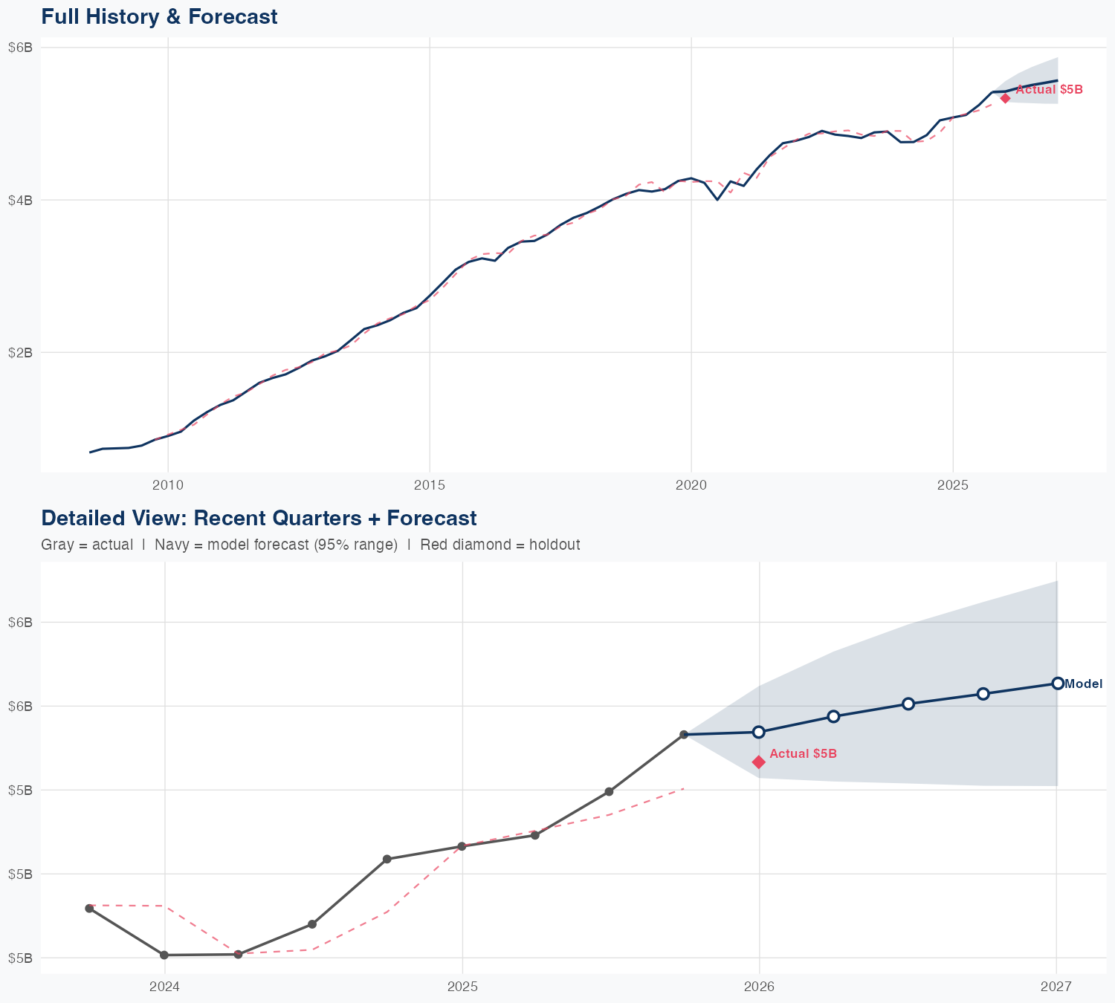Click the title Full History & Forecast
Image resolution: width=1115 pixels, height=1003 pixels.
(x=159, y=16)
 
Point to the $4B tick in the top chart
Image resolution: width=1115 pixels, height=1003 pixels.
(x=20, y=200)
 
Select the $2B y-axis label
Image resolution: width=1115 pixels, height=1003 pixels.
(x=20, y=352)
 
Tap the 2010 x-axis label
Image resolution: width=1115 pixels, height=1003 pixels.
(x=168, y=485)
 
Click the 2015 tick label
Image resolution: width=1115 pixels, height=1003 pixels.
(x=430, y=485)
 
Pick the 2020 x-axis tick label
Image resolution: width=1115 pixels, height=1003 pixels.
(x=691, y=485)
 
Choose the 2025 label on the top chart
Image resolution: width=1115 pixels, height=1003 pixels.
(x=953, y=485)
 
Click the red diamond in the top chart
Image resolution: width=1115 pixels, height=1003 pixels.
(x=1005, y=98)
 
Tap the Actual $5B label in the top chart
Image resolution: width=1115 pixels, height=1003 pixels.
(x=1049, y=90)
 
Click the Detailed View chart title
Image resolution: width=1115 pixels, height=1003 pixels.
(x=259, y=518)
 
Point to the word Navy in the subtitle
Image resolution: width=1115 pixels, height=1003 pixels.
(x=169, y=545)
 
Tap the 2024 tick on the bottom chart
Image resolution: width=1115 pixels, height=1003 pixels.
(x=165, y=987)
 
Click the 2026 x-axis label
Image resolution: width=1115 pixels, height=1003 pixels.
(x=759, y=987)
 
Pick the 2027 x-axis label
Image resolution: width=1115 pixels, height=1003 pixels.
(x=1056, y=987)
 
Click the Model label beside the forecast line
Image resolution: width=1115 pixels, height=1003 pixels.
(x=1083, y=684)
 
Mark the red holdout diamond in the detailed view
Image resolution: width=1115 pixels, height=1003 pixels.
(x=759, y=762)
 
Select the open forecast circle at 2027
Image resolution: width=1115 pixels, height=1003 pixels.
(x=1057, y=684)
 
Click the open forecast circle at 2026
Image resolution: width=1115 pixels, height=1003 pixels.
(x=759, y=732)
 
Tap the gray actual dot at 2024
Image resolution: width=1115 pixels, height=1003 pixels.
(x=164, y=955)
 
